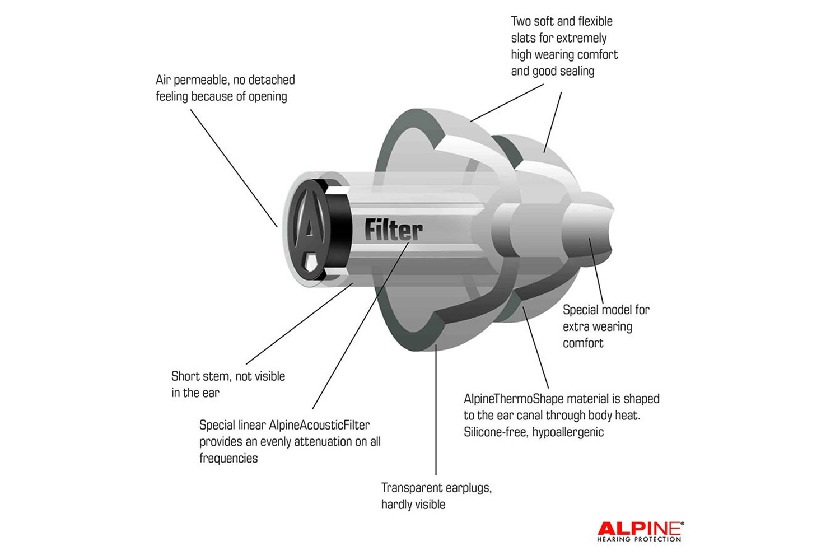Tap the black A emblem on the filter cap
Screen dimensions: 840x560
(x=308, y=230)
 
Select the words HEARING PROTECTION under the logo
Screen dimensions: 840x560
(x=639, y=539)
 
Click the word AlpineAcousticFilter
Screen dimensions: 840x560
(x=319, y=425)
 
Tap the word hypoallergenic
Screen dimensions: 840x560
(x=568, y=432)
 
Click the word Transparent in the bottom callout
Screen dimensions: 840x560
(x=407, y=488)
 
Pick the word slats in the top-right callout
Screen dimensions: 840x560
(x=523, y=38)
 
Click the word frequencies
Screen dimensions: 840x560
(x=228, y=459)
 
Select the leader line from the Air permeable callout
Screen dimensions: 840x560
(x=234, y=168)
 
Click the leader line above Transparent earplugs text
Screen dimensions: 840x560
(x=436, y=410)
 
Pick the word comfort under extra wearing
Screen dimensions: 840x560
(x=583, y=343)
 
